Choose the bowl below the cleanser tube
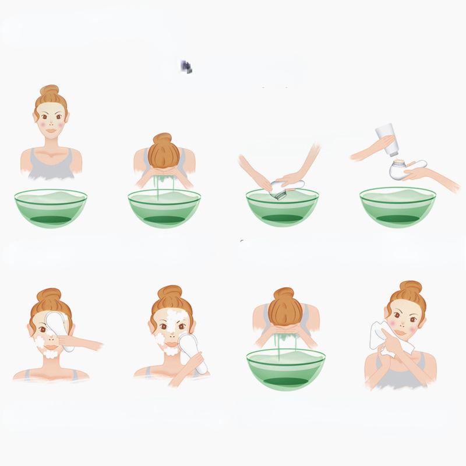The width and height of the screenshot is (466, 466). coord(397,206)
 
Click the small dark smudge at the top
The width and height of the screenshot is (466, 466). coord(186,67)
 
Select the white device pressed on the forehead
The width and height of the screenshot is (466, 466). coord(60,326)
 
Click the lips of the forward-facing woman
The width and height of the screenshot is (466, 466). coord(51,131)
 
